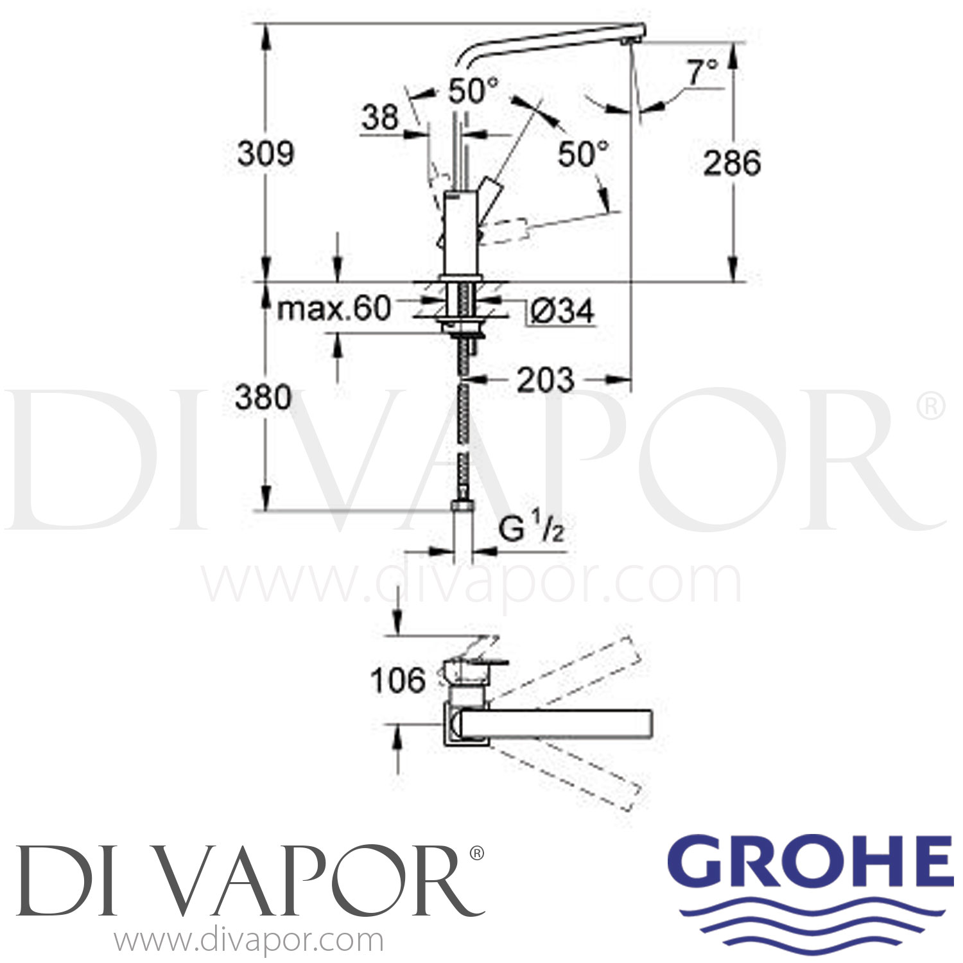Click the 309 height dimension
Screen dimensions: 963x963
[x=265, y=153]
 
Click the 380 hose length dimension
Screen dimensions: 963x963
[x=263, y=397]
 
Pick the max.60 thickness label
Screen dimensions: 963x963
[x=333, y=309]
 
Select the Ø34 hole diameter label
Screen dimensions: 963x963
[x=562, y=312]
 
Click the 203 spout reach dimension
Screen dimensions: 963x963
[x=545, y=380]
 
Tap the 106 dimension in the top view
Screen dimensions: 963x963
[x=397, y=681]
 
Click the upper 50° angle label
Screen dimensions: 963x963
[x=473, y=91]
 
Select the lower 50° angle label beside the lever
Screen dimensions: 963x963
[x=582, y=153]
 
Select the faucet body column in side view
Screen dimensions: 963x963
[x=460, y=234]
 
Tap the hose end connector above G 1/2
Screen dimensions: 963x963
[x=462, y=507]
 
